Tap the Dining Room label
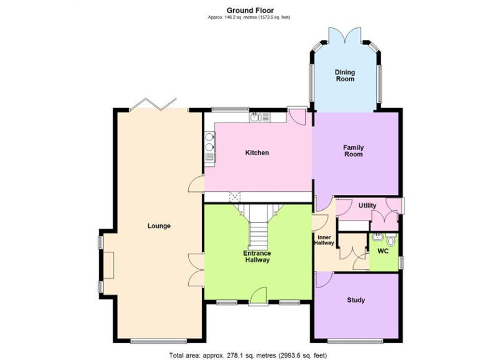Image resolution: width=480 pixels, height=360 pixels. click(x=344, y=76)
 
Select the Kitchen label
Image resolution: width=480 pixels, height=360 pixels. click(x=257, y=152)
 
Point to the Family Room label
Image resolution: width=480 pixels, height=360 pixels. click(x=353, y=151)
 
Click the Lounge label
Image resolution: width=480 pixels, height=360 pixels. click(x=159, y=226)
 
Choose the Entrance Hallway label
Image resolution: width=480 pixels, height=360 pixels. click(x=257, y=256)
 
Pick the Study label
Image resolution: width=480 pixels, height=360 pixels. click(x=356, y=300)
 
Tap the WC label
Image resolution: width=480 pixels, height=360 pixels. click(x=382, y=251)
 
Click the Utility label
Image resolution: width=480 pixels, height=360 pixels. click(x=367, y=206)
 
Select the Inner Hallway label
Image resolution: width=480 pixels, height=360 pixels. click(x=324, y=240)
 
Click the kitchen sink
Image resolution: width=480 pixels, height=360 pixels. click(x=256, y=117)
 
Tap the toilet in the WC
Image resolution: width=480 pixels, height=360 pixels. click(x=391, y=239)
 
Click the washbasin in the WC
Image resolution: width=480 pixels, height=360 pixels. click(x=377, y=237)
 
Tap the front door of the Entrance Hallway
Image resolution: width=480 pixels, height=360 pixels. click(x=257, y=297)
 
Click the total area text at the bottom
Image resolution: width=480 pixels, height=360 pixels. click(x=248, y=355)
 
